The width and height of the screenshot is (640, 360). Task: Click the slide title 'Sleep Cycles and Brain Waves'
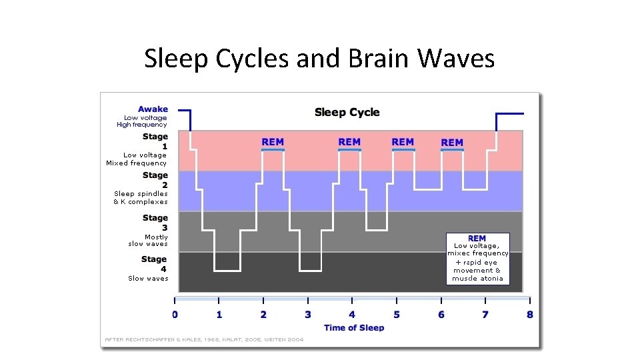319,59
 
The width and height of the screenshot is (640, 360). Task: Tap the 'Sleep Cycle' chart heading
347,112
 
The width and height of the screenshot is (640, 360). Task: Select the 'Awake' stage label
153,109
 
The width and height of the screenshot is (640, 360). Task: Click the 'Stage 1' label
155,141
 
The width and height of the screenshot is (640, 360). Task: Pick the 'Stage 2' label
155,180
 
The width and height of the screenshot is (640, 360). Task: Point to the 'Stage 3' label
155,223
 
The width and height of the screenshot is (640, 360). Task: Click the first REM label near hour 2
273,142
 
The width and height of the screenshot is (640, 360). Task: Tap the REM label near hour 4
349,142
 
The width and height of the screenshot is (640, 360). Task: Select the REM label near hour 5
403,142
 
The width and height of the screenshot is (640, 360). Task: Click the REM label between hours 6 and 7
452,143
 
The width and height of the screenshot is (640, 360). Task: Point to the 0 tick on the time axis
175,315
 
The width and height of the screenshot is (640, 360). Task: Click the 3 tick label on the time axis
307,315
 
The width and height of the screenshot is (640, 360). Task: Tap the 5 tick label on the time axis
396,315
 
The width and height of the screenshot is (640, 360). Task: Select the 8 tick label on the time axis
529,315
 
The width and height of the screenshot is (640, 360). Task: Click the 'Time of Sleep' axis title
354,327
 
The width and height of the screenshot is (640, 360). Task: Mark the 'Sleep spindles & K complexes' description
141,198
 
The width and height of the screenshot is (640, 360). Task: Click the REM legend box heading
477,238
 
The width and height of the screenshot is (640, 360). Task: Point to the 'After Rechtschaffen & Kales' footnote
204,339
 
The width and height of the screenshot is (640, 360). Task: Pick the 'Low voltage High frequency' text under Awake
142,121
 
